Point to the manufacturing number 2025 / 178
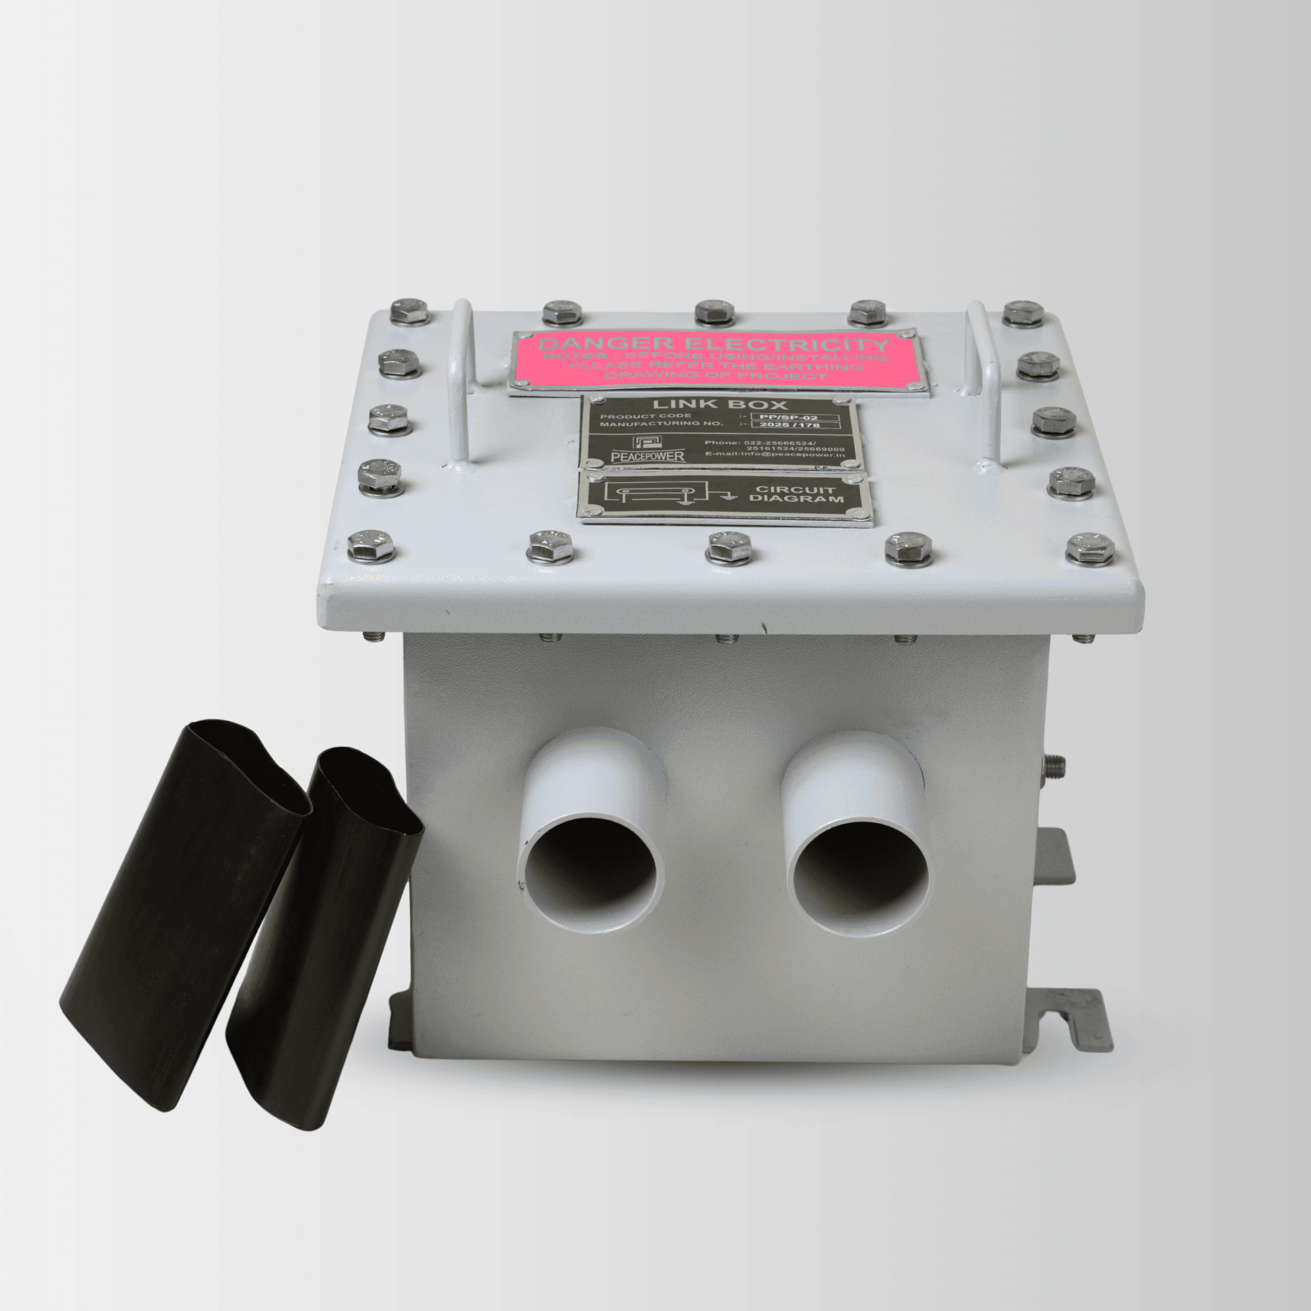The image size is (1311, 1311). tap(799, 425)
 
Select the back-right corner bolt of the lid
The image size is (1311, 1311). tap(1023, 312)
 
